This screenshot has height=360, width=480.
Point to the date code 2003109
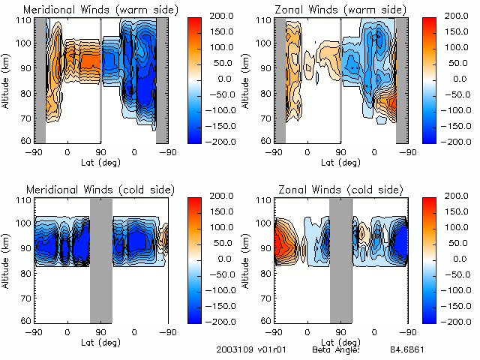click(229, 350)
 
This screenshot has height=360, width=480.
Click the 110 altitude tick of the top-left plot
click(24, 20)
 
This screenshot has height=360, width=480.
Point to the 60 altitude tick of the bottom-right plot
click(265, 320)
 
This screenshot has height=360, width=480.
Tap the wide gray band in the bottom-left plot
click(100, 259)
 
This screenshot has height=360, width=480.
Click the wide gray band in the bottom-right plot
click(340, 259)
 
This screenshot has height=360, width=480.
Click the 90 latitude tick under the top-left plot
click(100, 151)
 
